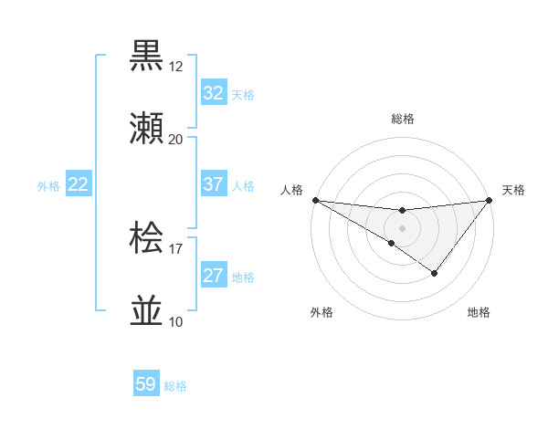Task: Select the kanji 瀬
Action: pos(148,129)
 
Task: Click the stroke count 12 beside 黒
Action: pos(176,67)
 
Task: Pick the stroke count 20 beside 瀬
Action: pos(176,140)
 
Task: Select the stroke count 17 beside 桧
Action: pos(176,248)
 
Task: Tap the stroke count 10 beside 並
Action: pos(176,321)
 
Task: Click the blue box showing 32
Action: pos(214,93)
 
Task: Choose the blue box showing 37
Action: pos(214,184)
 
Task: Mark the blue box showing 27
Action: pos(214,276)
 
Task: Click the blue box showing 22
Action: pos(79,184)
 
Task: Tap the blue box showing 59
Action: pos(146,384)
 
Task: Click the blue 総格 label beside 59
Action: pos(175,386)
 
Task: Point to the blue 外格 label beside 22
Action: pos(48,186)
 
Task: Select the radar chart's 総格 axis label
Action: pos(403,119)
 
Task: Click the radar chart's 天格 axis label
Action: pos(514,190)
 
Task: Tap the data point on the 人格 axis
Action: pos(315,199)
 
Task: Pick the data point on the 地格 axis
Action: pos(435,273)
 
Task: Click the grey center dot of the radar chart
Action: pos(403,227)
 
